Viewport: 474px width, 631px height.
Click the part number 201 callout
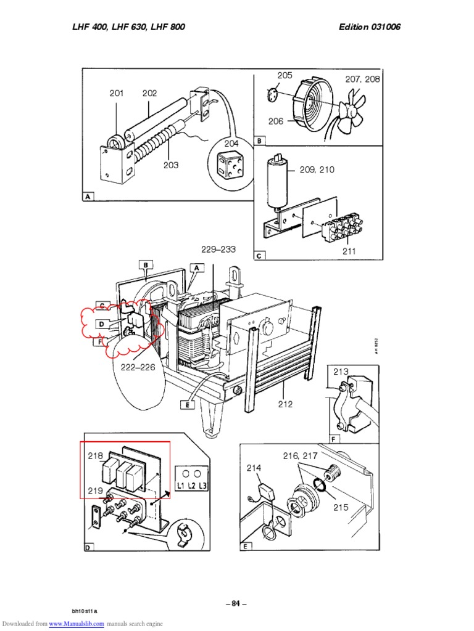pos(117,94)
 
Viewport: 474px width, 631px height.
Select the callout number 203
pos(171,165)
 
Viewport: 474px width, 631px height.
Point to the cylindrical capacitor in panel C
pos(275,182)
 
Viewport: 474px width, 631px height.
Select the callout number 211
pos(349,251)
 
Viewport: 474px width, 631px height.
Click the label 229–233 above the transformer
pos(218,249)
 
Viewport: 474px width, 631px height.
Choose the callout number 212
pos(285,404)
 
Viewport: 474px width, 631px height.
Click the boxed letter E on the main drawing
pos(185,404)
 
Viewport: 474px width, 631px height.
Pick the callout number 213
pos(341,371)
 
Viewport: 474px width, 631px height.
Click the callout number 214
pos(254,468)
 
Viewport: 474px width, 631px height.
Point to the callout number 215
pos(340,507)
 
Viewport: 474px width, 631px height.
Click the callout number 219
pos(95,491)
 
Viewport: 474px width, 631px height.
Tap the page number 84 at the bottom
pos(236,603)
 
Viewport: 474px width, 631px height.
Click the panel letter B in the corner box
pos(260,141)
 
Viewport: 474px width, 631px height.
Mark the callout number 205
pos(285,75)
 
